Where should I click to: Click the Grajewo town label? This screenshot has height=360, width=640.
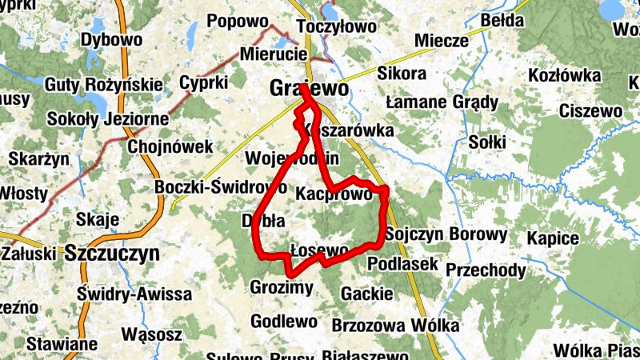pyautogui.click(x=310, y=88)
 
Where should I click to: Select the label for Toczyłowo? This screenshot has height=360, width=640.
pyautogui.click(x=335, y=27)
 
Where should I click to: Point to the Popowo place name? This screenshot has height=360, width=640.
pyautogui.click(x=236, y=22)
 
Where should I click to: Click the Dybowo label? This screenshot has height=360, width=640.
pyautogui.click(x=112, y=38)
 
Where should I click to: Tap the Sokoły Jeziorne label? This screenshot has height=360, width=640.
pyautogui.click(x=108, y=119)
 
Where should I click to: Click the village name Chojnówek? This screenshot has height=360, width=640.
pyautogui.click(x=170, y=146)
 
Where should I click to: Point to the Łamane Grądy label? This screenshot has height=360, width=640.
pyautogui.click(x=442, y=102)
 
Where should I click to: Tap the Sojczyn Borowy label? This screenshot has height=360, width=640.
pyautogui.click(x=446, y=234)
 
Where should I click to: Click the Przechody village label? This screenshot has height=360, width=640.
pyautogui.click(x=486, y=270)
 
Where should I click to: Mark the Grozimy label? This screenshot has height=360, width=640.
pyautogui.click(x=282, y=287)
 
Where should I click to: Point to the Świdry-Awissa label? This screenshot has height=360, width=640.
pyautogui.click(x=134, y=294)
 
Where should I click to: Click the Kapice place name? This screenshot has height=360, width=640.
pyautogui.click(x=552, y=238)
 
